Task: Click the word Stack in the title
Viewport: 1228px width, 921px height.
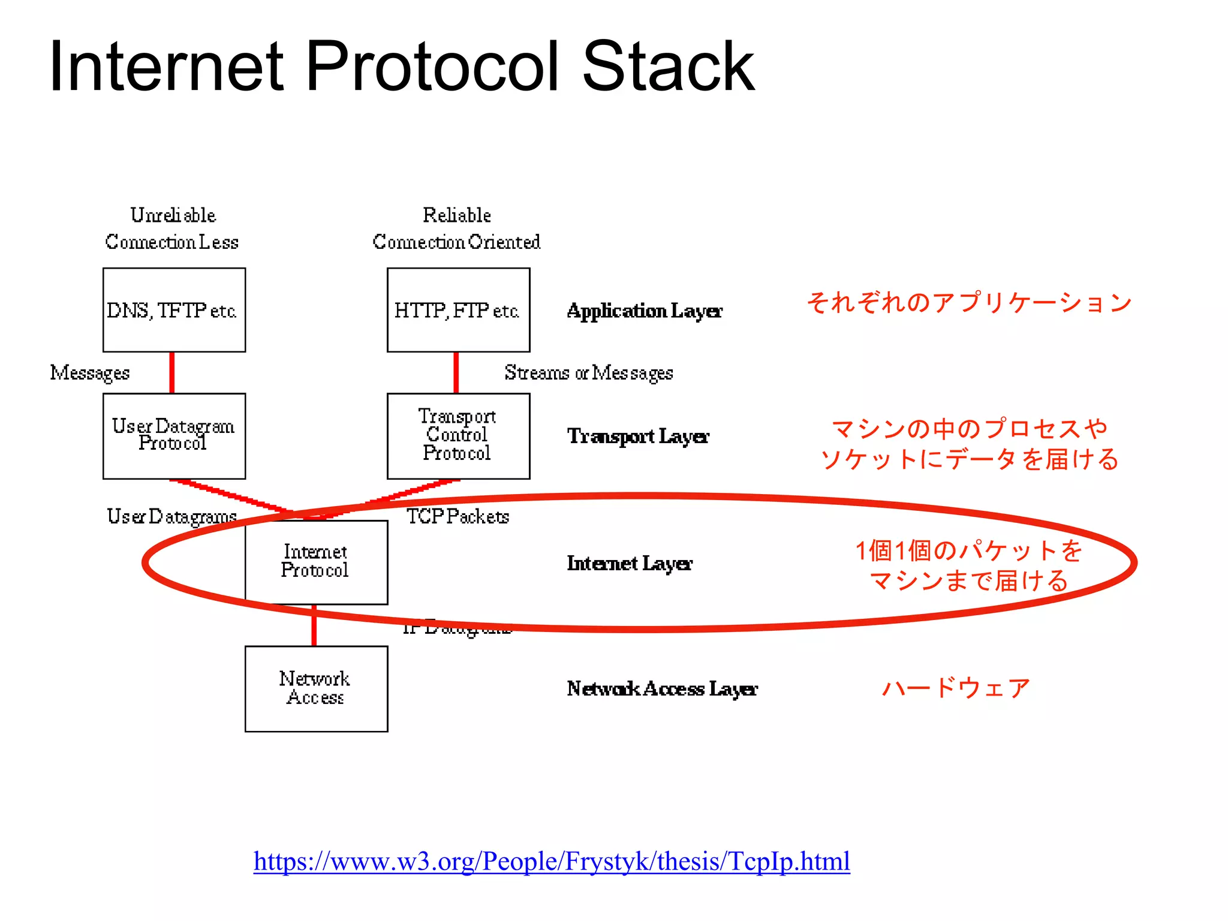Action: (x=668, y=66)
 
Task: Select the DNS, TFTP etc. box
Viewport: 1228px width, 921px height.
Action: (x=174, y=310)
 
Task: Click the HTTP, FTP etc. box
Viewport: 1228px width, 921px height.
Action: (x=458, y=310)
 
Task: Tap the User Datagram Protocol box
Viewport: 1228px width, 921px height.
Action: (x=174, y=436)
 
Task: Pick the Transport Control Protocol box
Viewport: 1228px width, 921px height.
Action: (x=458, y=436)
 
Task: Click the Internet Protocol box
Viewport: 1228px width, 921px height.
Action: (x=316, y=562)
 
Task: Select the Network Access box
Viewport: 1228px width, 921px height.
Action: (x=316, y=688)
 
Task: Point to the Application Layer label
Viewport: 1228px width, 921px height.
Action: (x=644, y=311)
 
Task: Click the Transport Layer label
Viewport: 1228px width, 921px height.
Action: (x=637, y=436)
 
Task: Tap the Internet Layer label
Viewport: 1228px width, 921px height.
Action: (x=629, y=563)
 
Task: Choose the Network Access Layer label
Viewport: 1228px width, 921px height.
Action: (x=661, y=688)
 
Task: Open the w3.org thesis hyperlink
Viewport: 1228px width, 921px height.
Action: (x=551, y=861)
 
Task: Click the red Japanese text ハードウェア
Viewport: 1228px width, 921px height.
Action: (x=956, y=688)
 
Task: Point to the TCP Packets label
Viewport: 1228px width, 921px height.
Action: (x=458, y=516)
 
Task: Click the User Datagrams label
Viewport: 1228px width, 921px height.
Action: (x=171, y=516)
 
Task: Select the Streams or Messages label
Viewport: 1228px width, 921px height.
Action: (x=588, y=372)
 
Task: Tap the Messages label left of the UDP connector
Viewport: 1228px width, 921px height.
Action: (x=90, y=372)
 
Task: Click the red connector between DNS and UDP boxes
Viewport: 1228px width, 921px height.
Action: (x=172, y=372)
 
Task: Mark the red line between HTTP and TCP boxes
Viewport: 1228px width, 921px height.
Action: (x=456, y=372)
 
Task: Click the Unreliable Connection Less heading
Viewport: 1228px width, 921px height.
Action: (x=172, y=228)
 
